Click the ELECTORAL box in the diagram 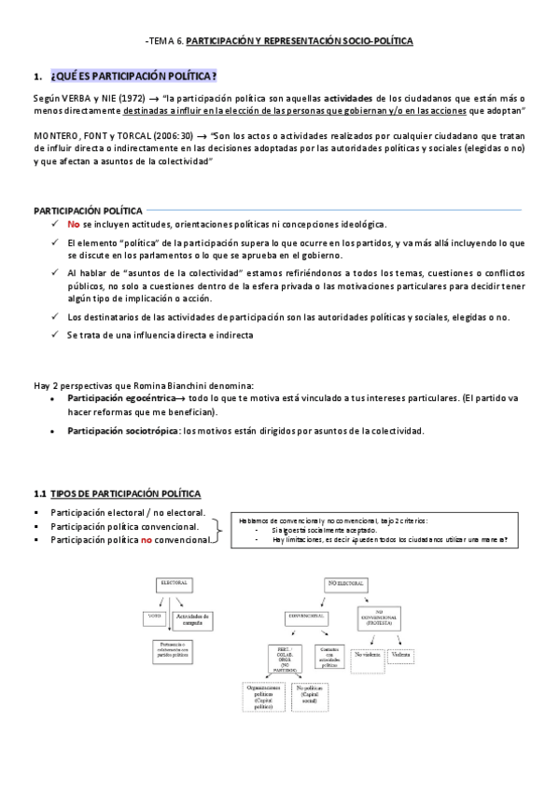(x=174, y=583)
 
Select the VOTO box (x=155, y=618)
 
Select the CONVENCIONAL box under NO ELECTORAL (x=308, y=618)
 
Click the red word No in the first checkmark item (x=74, y=225)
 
